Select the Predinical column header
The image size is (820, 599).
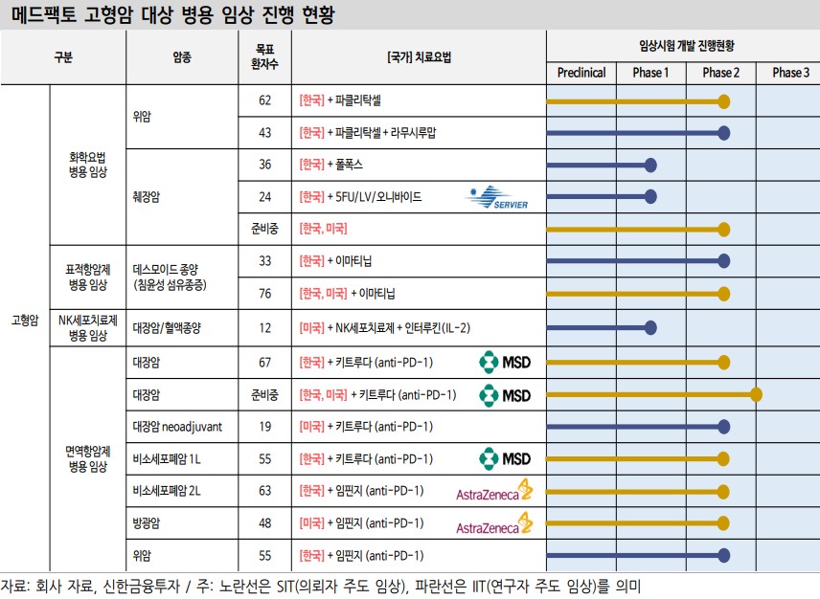(581, 73)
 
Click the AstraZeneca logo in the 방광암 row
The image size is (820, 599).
(494, 523)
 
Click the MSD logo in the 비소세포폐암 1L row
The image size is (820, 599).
(505, 458)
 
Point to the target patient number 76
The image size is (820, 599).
(265, 293)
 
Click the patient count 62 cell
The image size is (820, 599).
(265, 100)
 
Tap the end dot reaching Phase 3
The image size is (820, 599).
(757, 393)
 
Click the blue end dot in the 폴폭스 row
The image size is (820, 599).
(650, 165)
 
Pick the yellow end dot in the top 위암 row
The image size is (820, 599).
(724, 100)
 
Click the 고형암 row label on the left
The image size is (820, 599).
(24, 321)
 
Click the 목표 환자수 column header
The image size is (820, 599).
(265, 56)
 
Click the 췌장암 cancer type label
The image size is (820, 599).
(146, 197)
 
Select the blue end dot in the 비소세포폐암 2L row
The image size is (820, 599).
(724, 491)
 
